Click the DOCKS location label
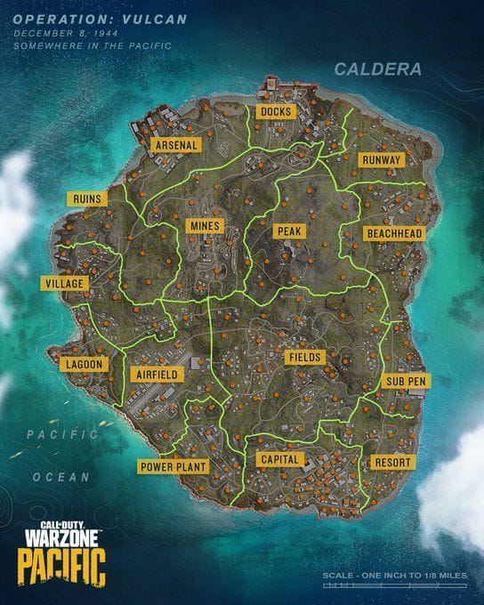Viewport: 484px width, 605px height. (273, 111)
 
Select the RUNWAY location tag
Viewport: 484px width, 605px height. (382, 160)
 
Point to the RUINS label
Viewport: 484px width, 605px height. (87, 198)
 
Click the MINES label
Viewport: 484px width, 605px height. (203, 226)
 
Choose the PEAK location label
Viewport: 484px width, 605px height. (289, 231)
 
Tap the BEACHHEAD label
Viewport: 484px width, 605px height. (394, 234)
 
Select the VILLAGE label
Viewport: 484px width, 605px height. (64, 284)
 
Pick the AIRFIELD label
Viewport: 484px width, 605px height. (157, 375)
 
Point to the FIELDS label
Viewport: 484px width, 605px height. (304, 358)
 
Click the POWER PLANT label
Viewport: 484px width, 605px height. (173, 466)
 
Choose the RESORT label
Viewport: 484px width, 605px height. (391, 464)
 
